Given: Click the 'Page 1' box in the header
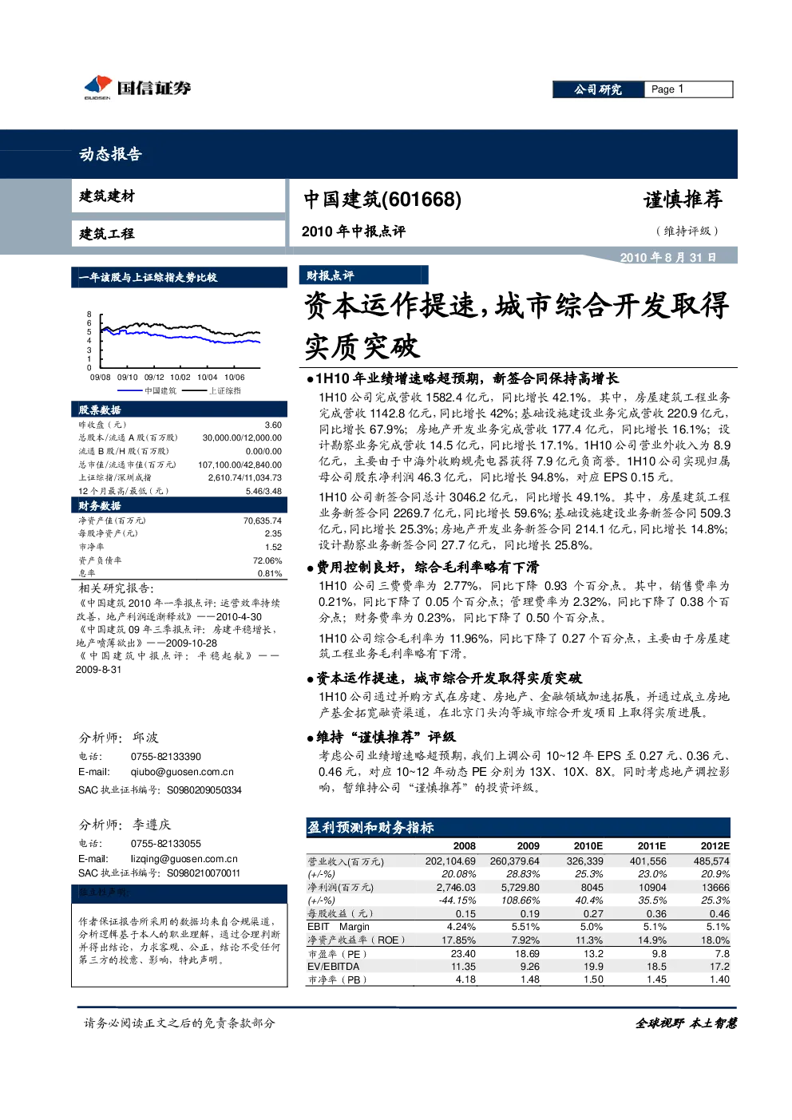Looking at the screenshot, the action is (688, 89).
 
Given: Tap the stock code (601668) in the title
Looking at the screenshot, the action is (421, 200).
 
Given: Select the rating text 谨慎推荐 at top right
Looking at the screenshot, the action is (683, 200).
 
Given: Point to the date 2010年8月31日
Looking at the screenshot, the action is (668, 258).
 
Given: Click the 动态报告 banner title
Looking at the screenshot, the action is (110, 154).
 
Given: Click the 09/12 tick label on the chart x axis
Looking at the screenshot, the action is (154, 378).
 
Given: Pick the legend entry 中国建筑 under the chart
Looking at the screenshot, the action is (160, 390).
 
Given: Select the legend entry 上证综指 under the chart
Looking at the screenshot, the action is (224, 390).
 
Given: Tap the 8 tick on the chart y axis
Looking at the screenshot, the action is (89, 315).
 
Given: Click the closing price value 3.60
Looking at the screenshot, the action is (273, 425).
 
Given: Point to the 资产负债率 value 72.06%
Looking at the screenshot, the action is (267, 560).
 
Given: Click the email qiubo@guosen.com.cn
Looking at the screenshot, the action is (182, 772).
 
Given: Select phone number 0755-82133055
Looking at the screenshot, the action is (166, 844).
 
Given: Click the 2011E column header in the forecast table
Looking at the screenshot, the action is (651, 846).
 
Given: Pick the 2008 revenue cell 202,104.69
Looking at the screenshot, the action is (450, 861).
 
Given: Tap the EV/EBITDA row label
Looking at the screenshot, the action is (334, 967).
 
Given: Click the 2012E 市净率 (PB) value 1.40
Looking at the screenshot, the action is (719, 980).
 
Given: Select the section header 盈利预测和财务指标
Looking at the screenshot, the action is (370, 828).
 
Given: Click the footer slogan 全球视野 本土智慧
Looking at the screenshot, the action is (686, 1023).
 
